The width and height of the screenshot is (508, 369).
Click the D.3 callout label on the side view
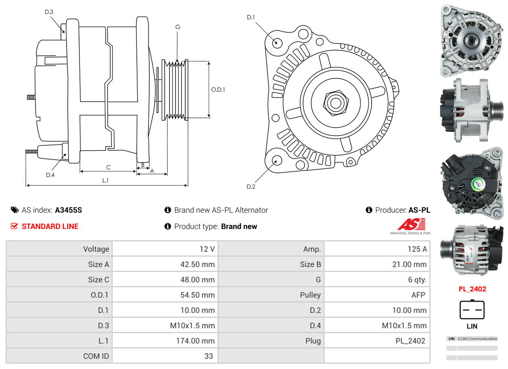(49, 12)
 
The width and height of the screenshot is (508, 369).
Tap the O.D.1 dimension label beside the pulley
(218, 90)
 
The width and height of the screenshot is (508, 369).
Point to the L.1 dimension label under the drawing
(105, 180)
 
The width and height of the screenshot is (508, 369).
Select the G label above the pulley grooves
(178, 27)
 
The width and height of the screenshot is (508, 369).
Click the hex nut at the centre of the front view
(334, 102)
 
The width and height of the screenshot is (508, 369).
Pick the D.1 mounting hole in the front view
(277, 42)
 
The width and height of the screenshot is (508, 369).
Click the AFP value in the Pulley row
(418, 295)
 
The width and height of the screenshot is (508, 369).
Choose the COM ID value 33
(209, 356)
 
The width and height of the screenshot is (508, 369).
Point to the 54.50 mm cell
(197, 295)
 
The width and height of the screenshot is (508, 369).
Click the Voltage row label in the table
(96, 249)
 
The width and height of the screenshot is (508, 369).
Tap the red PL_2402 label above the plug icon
(472, 289)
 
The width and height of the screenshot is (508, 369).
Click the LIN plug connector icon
(472, 310)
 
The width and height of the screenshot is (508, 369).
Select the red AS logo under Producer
(412, 224)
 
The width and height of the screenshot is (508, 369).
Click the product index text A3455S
(68, 210)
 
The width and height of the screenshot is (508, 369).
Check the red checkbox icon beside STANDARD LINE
(15, 226)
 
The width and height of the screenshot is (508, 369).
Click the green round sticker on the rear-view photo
(478, 184)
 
